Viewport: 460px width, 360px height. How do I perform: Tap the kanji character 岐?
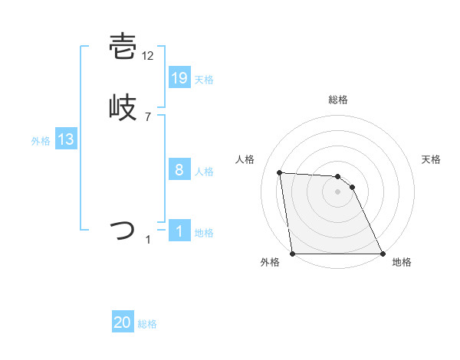pyautogui.click(x=123, y=108)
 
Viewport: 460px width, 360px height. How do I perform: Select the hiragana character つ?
pyautogui.click(x=123, y=230)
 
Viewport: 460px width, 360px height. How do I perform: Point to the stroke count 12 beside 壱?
pyautogui.click(x=149, y=57)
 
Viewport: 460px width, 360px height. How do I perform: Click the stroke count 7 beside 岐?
pyautogui.click(x=148, y=117)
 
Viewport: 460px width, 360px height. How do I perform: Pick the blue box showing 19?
pyautogui.click(x=179, y=77)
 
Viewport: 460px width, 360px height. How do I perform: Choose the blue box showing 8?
pyautogui.click(x=179, y=170)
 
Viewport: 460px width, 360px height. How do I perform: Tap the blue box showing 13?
pyautogui.click(x=66, y=139)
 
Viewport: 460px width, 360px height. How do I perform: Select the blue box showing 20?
pyautogui.click(x=123, y=323)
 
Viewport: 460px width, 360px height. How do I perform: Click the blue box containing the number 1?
pyautogui.click(x=179, y=231)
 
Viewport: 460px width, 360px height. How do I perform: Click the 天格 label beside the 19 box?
pyautogui.click(x=204, y=80)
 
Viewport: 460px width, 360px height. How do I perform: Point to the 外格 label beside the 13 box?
pyautogui.click(x=41, y=141)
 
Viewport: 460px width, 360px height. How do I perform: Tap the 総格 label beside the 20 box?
pyautogui.click(x=147, y=325)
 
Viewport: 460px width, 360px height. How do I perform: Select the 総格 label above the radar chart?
pyautogui.click(x=337, y=100)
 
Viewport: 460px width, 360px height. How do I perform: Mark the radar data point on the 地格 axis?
pyautogui.click(x=383, y=254)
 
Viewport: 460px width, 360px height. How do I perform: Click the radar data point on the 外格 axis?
pyautogui.click(x=292, y=254)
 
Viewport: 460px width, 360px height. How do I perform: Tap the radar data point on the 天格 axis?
pyautogui.click(x=352, y=187)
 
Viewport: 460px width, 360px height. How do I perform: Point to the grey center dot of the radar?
pyautogui.click(x=337, y=191)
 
